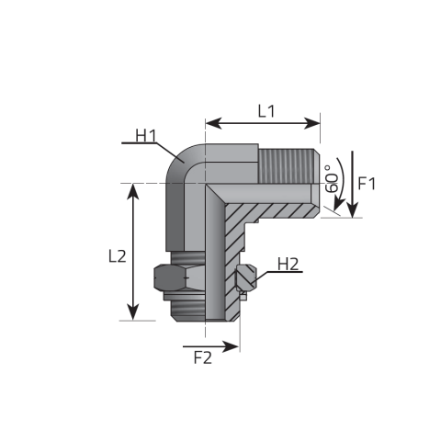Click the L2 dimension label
(117, 257)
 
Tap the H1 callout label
(146, 137)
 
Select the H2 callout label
(288, 265)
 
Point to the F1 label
(367, 183)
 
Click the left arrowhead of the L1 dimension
(209, 121)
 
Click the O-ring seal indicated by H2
(244, 278)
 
